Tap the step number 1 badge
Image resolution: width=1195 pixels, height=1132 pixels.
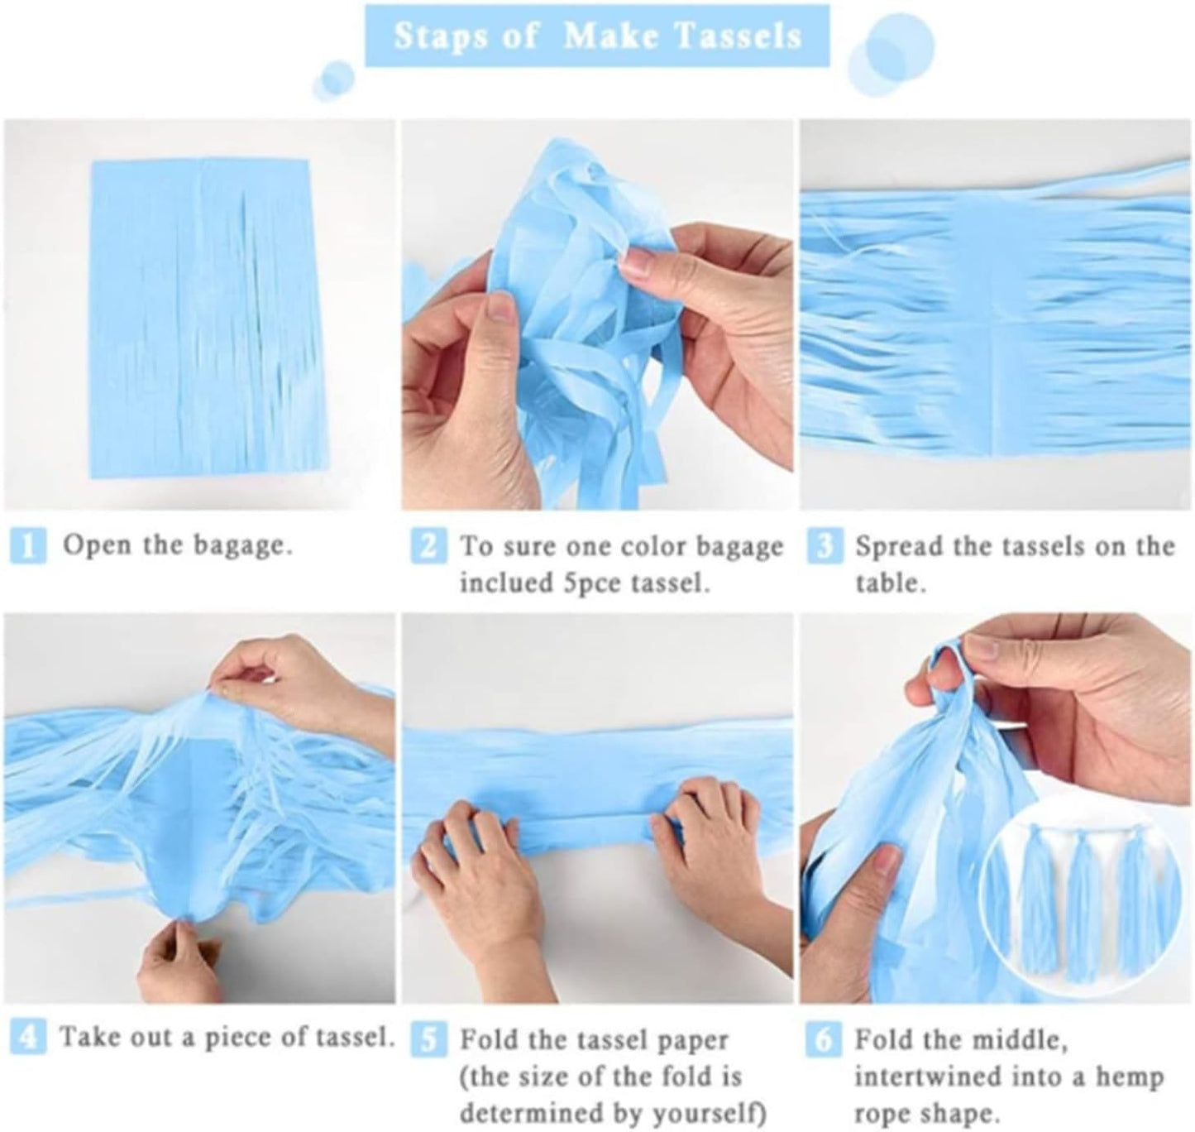[x=27, y=548]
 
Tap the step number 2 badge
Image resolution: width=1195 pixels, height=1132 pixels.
[x=427, y=548]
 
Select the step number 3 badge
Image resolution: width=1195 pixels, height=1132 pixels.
[x=823, y=548]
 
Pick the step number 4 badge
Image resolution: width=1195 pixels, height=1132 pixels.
[x=27, y=1038]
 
